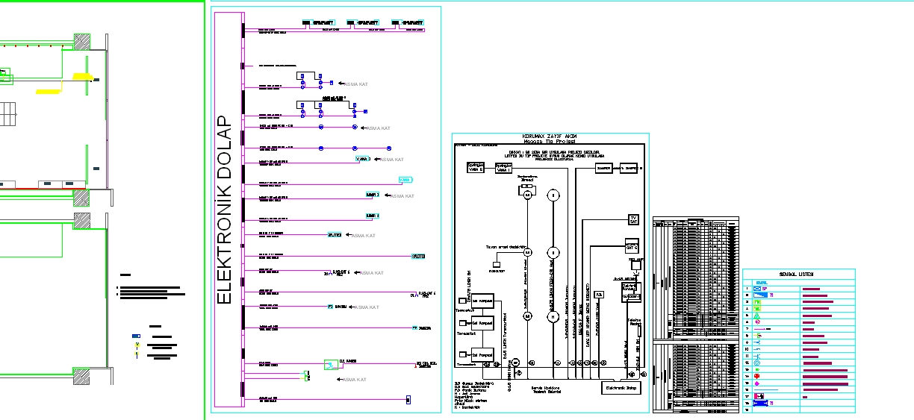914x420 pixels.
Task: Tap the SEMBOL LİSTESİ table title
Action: pyautogui.click(x=796, y=275)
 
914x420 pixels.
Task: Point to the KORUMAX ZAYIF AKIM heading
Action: pyautogui.click(x=549, y=136)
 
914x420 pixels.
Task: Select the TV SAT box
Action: pyautogui.click(x=633, y=219)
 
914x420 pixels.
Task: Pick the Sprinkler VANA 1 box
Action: pyautogui.click(x=503, y=168)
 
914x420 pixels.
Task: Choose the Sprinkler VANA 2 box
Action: pyautogui.click(x=476, y=168)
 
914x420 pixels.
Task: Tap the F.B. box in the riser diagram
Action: pyautogui.click(x=599, y=295)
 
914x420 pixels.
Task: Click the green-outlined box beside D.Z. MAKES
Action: pyautogui.click(x=330, y=365)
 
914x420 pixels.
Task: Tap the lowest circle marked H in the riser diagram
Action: pyautogui.click(x=553, y=316)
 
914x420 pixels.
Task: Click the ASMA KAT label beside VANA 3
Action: pyautogui.click(x=392, y=160)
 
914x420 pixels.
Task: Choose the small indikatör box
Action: pyautogui.click(x=496, y=264)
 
